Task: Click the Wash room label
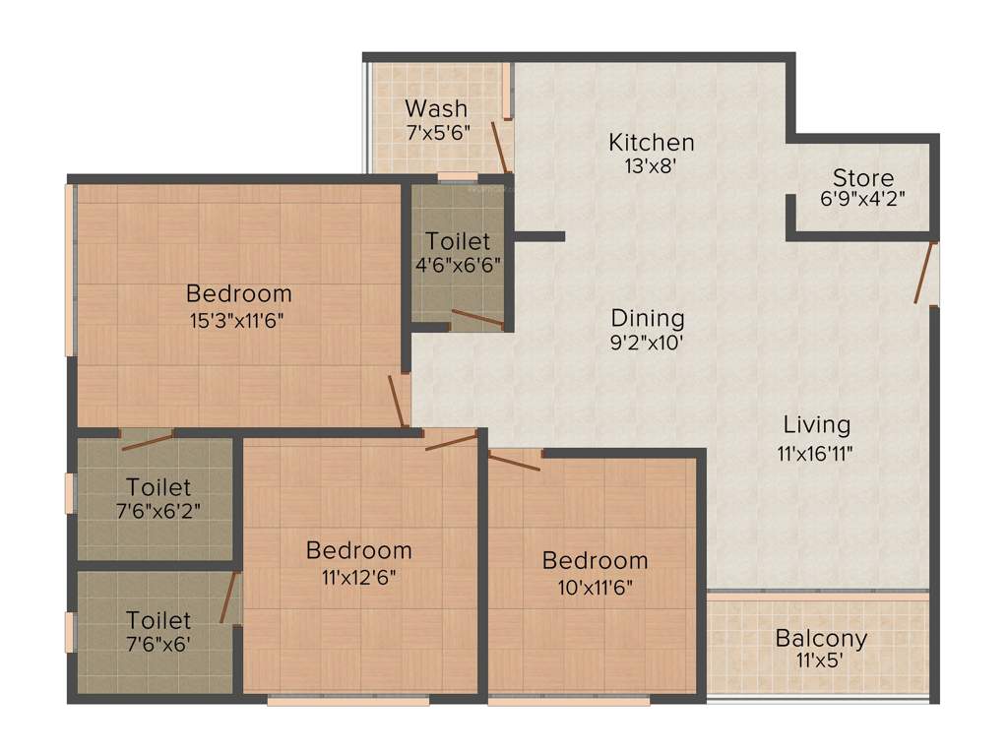[436, 108]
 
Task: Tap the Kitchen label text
[651, 143]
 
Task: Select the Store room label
[863, 178]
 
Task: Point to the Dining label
[647, 319]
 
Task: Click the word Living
[816, 425]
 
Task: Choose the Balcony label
[821, 638]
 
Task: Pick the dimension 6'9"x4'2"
[863, 198]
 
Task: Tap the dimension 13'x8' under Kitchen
[651, 166]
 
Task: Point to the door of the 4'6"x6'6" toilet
[477, 318]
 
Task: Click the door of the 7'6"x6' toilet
[230, 597]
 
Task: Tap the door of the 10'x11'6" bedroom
[515, 460]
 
